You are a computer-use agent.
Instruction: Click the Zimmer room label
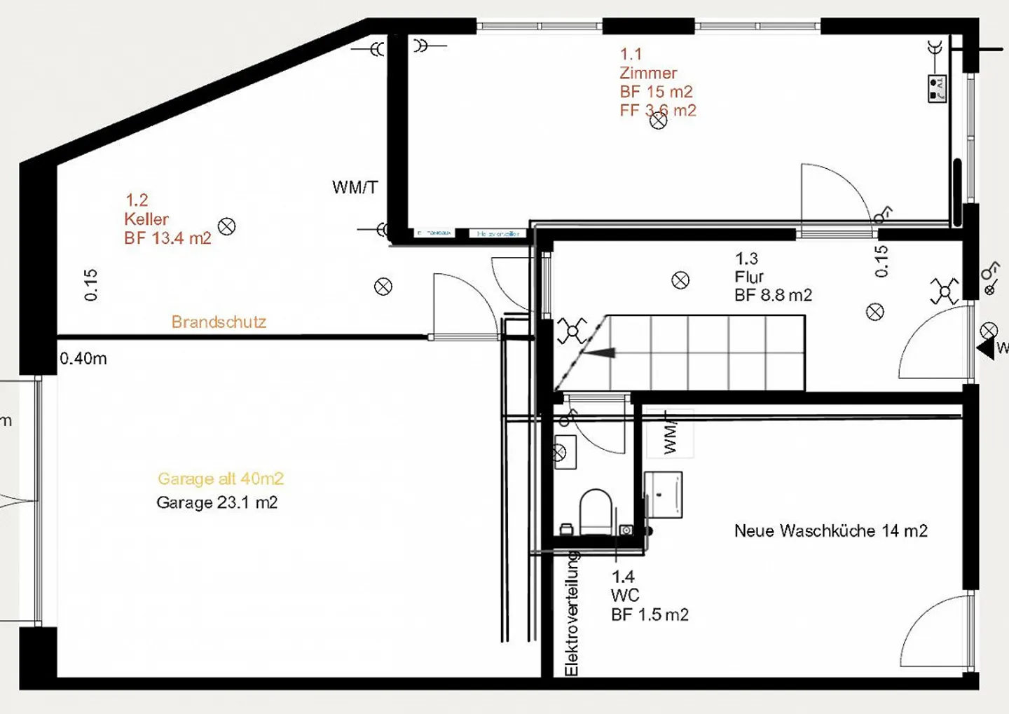click(648, 73)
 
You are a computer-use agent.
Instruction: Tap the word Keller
click(146, 219)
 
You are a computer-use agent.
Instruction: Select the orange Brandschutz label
click(219, 322)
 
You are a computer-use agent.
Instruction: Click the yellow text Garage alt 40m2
click(221, 479)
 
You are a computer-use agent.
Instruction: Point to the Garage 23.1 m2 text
click(217, 503)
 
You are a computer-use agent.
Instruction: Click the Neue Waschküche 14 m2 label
click(830, 531)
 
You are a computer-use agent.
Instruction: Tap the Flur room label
click(749, 277)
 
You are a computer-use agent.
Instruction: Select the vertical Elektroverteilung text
click(572, 614)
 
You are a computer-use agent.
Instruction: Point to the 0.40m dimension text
click(83, 359)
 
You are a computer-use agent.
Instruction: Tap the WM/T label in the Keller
click(355, 188)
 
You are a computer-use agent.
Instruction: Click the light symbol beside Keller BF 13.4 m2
click(226, 226)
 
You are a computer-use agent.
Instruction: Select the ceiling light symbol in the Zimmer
click(658, 121)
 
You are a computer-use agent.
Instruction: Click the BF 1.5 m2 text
click(650, 615)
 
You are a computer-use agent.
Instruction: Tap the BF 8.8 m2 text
click(773, 296)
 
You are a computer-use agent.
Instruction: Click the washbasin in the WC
click(564, 452)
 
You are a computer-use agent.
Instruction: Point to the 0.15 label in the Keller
click(90, 285)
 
